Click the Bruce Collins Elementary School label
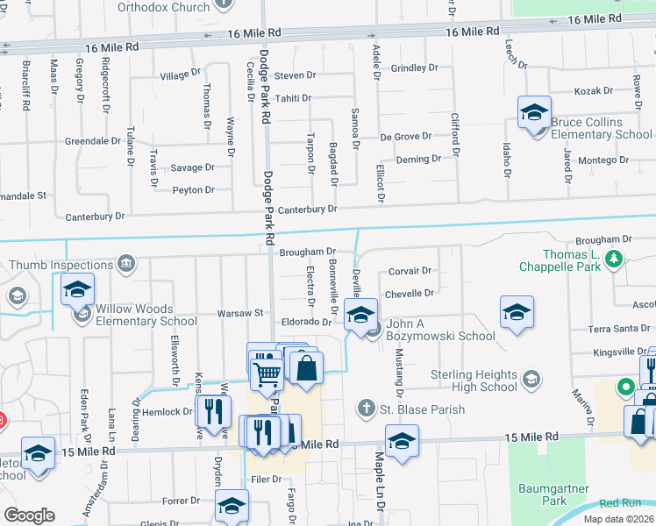(596, 128)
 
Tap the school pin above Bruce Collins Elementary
(533, 113)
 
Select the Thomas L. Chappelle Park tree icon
(615, 258)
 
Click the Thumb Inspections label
(58, 264)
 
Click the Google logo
(29, 515)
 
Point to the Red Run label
(621, 503)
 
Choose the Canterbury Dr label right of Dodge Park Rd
(308, 210)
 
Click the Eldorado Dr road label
(306, 322)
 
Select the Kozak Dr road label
(593, 91)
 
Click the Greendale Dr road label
(92, 140)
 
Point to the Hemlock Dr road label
(169, 411)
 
